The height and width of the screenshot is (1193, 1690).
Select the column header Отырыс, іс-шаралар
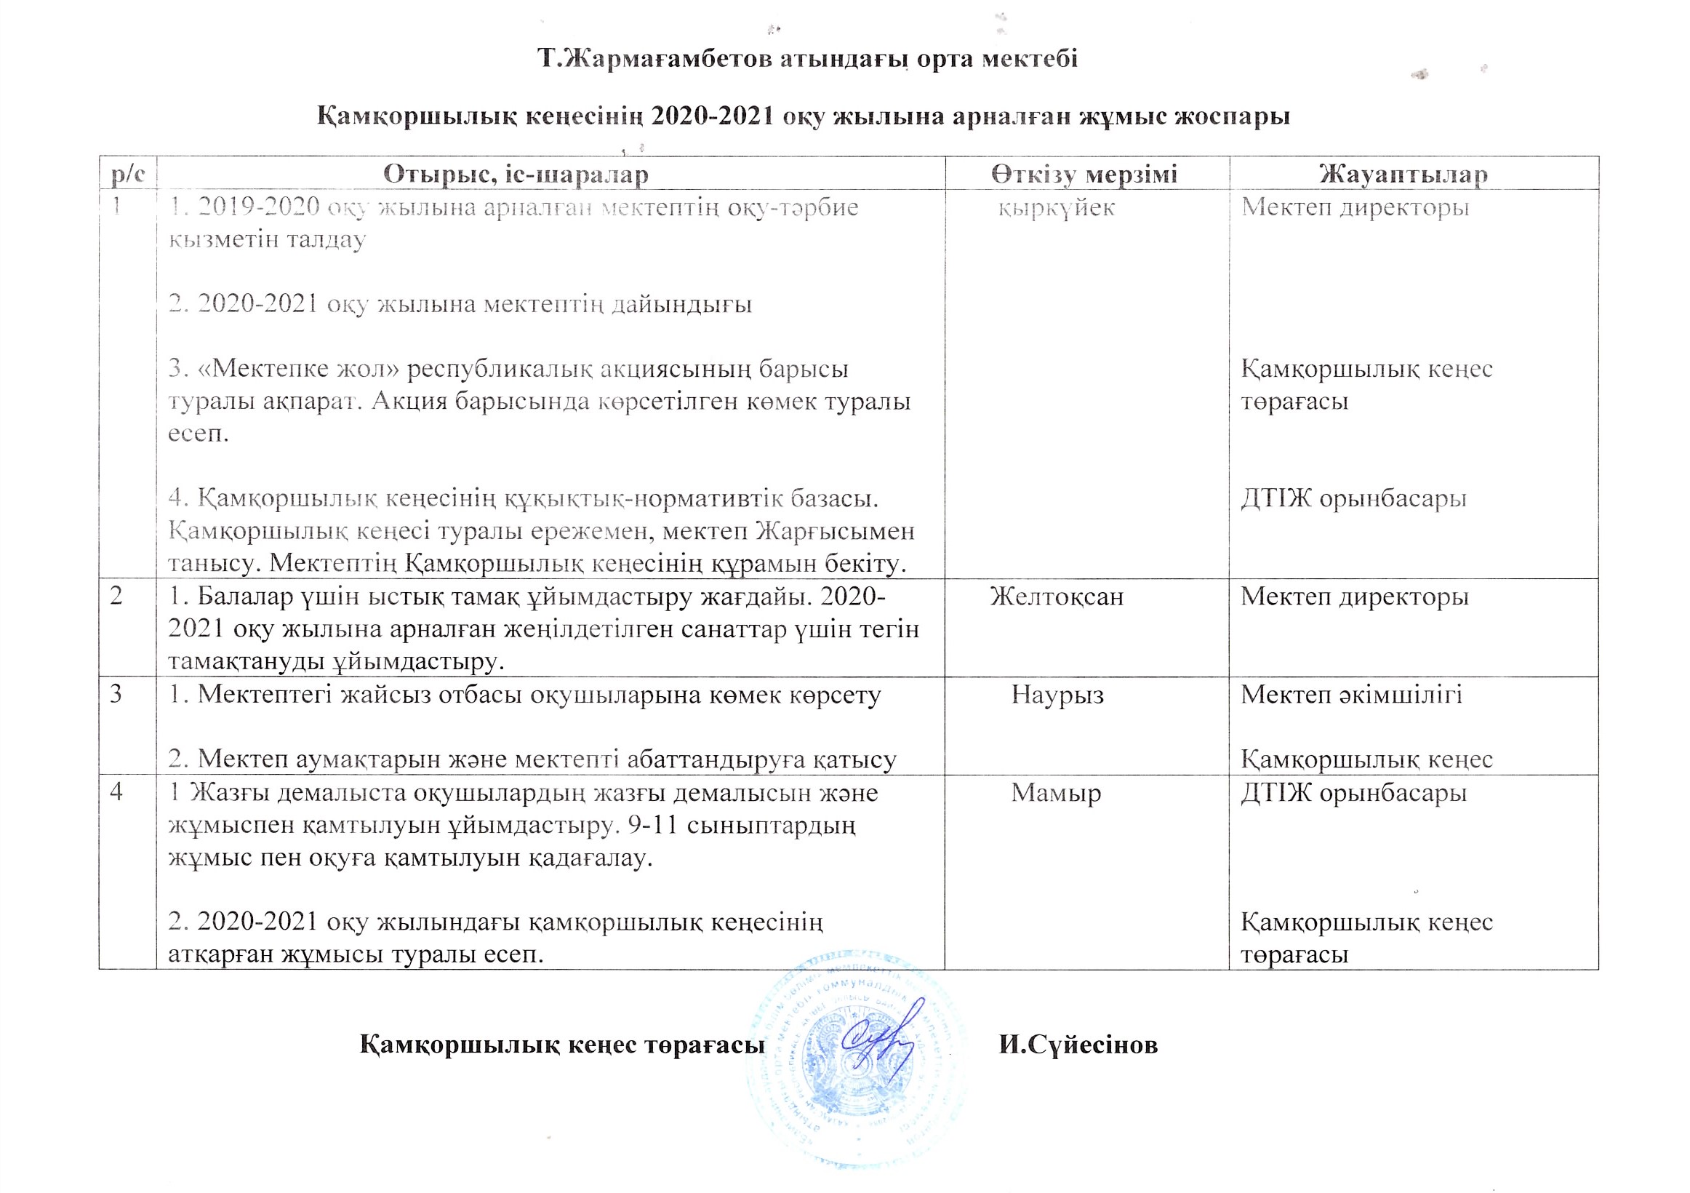[516, 175]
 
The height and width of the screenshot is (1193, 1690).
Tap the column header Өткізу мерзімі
[1084, 175]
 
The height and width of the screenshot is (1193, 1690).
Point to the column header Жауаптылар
[1403, 175]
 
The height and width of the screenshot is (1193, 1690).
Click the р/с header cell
[127, 175]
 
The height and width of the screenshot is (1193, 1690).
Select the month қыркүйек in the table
[1056, 207]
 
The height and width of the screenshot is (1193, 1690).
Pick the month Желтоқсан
[1056, 596]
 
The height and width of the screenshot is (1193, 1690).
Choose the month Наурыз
[1057, 695]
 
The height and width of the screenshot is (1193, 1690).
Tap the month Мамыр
[1055, 793]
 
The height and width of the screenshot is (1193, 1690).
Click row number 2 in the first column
[116, 596]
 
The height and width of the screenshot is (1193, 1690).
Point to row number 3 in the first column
[116, 695]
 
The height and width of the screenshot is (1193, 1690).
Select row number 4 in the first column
[116, 793]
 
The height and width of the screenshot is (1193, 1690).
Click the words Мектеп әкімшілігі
[1351, 695]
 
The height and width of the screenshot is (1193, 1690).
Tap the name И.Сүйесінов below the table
[1078, 1045]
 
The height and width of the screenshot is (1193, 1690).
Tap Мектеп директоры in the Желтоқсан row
[1354, 596]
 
